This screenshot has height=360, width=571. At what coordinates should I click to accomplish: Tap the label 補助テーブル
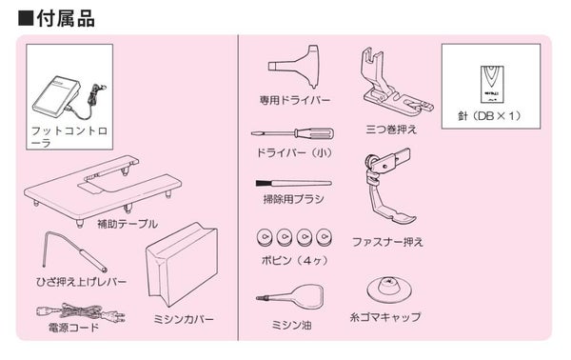pyautogui.click(x=128, y=224)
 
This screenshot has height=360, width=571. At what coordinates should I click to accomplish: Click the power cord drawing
pyautogui.click(x=81, y=312)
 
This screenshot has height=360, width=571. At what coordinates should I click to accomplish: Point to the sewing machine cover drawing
pyautogui.click(x=182, y=263)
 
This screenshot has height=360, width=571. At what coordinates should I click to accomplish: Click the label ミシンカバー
pyautogui.click(x=183, y=319)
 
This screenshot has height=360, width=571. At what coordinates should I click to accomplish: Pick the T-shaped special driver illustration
pyautogui.click(x=295, y=67)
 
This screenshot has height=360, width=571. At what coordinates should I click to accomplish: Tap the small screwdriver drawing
pyautogui.click(x=292, y=133)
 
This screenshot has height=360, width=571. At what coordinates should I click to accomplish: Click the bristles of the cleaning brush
pyautogui.click(x=263, y=183)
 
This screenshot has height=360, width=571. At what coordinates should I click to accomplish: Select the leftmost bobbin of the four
pyautogui.click(x=265, y=237)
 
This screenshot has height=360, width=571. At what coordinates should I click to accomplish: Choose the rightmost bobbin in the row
pyautogui.click(x=323, y=237)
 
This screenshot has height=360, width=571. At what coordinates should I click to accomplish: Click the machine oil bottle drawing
pyautogui.click(x=290, y=296)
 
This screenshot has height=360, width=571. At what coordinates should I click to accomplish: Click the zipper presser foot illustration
pyautogui.click(x=388, y=187)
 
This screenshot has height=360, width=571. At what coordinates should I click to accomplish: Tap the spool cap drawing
pyautogui.click(x=388, y=290)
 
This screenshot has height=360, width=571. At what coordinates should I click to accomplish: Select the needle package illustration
pyautogui.click(x=492, y=85)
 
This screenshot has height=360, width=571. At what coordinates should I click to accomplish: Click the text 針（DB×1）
pyautogui.click(x=489, y=116)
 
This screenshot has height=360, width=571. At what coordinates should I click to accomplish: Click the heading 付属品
pyautogui.click(x=66, y=18)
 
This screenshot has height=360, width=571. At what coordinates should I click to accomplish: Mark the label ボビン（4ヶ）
pyautogui.click(x=295, y=260)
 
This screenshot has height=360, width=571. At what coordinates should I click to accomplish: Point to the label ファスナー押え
pyautogui.click(x=387, y=242)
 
